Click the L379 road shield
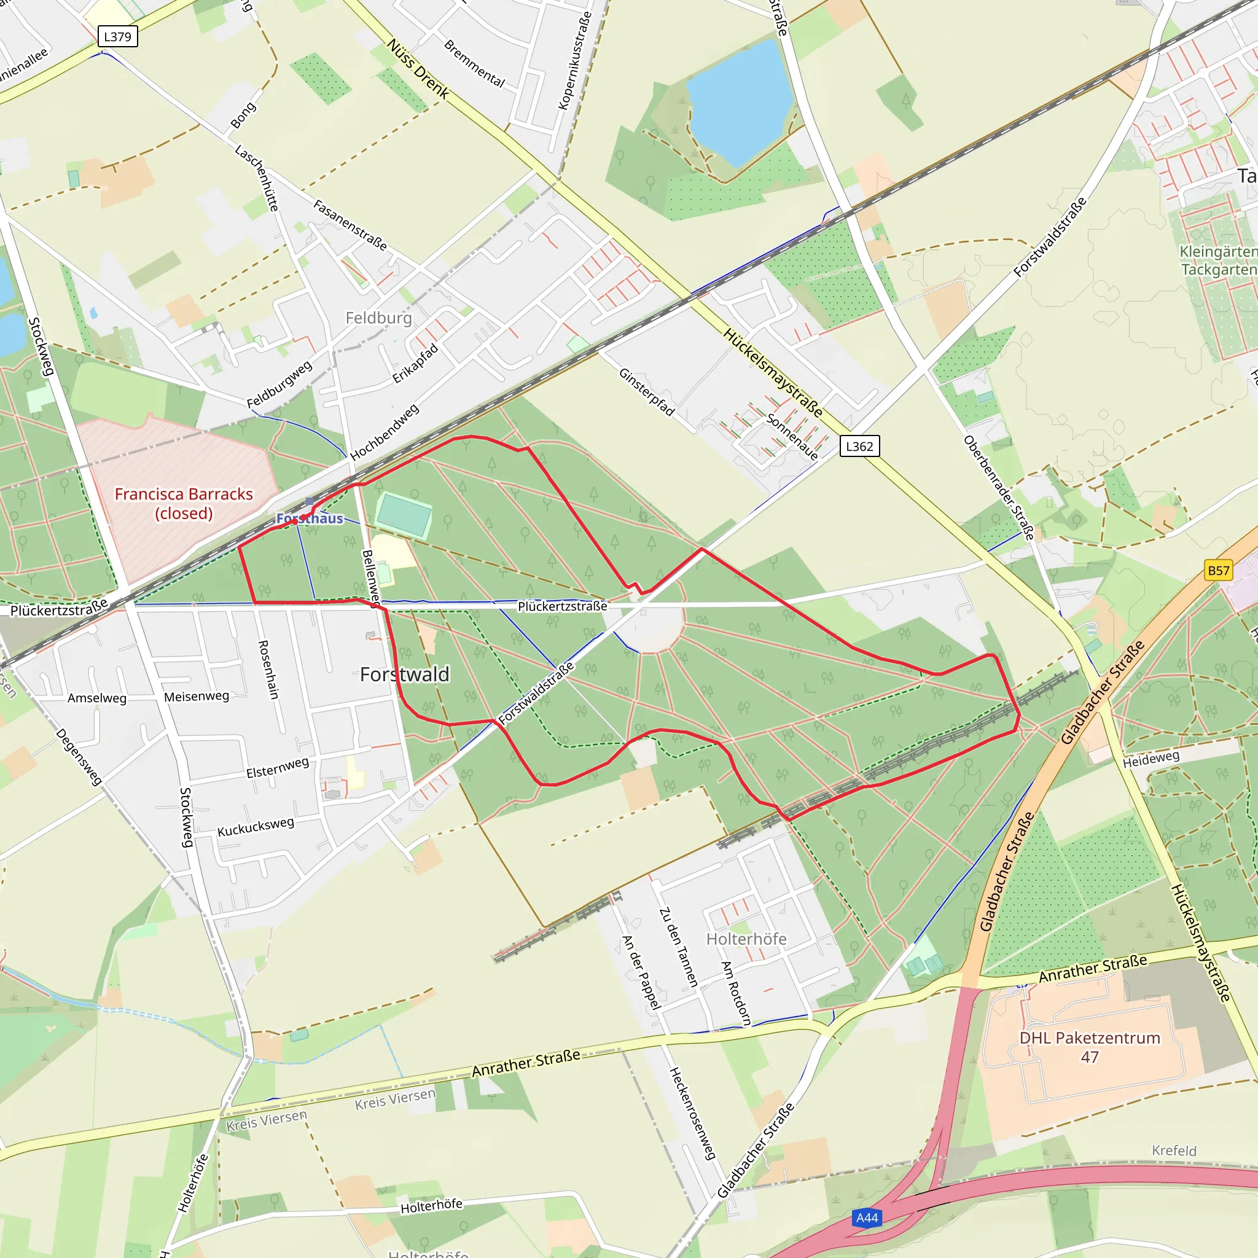point(117,36)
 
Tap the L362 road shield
point(859,446)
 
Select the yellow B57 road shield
point(1218,571)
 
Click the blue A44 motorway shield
point(867,1217)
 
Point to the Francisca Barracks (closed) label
point(184,503)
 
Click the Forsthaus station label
point(310,518)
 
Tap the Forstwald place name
point(404,674)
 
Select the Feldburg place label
point(378,318)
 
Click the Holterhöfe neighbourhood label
point(746,939)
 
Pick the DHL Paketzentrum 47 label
point(1089,1047)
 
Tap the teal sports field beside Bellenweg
point(404,514)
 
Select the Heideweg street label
point(1151,759)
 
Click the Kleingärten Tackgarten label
point(1217,260)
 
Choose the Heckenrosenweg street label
point(692,1113)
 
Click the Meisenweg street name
point(196,696)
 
